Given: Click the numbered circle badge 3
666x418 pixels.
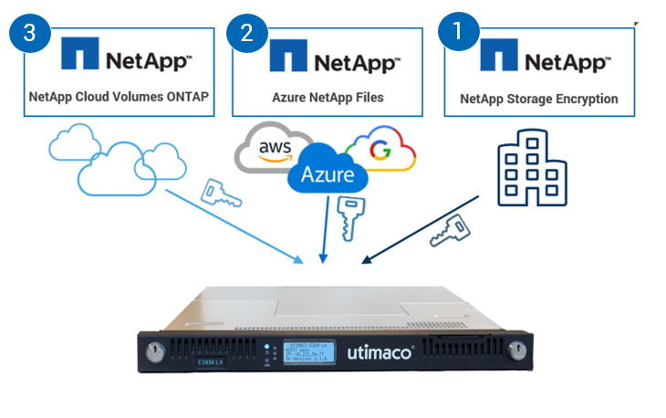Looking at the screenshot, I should tap(29, 33).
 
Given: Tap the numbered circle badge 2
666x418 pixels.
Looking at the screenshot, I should tap(246, 33).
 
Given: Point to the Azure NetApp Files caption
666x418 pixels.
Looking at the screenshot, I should tap(327, 98).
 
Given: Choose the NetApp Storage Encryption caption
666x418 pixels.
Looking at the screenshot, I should tap(539, 99).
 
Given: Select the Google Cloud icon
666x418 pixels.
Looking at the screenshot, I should tap(381, 148).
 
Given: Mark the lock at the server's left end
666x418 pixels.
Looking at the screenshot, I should tap(151, 350).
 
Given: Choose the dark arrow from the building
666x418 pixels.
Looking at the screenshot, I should tap(420, 228).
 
